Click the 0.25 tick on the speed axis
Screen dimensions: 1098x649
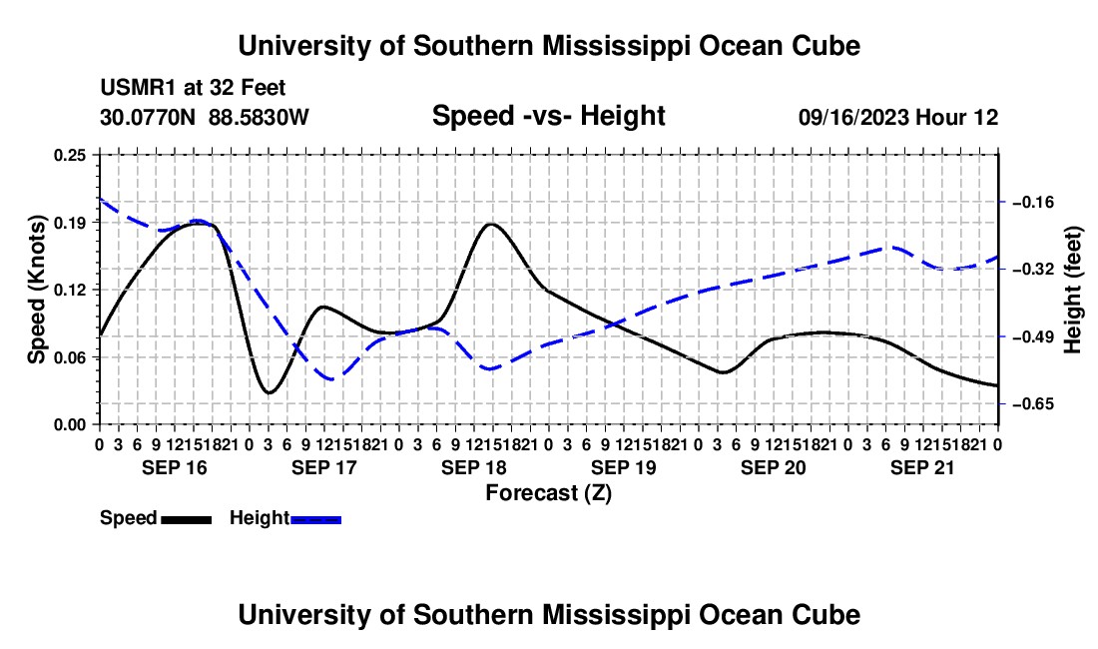(70, 155)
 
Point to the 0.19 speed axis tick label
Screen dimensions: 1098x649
(70, 223)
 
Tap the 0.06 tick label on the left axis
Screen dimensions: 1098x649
(70, 357)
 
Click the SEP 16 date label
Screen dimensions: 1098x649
(175, 467)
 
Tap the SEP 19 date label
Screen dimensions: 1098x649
(623, 467)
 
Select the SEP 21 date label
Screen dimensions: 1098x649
(922, 467)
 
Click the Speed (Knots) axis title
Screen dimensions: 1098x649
(36, 290)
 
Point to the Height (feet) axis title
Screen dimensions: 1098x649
(1073, 290)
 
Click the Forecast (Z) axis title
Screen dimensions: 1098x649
(548, 493)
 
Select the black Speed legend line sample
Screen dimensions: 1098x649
(187, 519)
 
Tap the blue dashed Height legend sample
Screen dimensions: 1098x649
(315, 519)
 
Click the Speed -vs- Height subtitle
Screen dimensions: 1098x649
(548, 116)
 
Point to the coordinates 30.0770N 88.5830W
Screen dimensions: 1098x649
(205, 117)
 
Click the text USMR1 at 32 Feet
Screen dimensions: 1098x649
(193, 88)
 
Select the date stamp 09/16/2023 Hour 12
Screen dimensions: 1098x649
(898, 117)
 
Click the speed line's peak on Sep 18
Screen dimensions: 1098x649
(491, 224)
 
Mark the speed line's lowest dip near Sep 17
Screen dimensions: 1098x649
(269, 392)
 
